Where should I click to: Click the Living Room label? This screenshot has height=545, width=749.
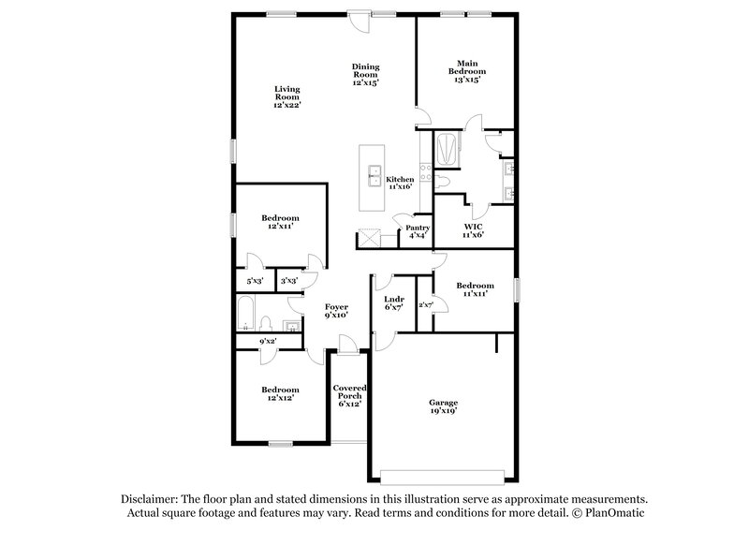click(286, 97)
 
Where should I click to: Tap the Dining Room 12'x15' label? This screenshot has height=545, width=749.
click(365, 75)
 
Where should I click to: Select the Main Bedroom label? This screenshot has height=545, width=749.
click(465, 72)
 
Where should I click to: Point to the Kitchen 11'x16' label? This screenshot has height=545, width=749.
click(400, 183)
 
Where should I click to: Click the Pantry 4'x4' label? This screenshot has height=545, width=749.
click(418, 231)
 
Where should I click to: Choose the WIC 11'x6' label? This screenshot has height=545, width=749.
click(473, 230)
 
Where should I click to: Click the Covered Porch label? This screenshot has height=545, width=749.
click(349, 395)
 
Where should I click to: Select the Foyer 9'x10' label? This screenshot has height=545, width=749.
click(336, 311)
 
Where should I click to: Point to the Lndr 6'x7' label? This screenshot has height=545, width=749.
click(393, 303)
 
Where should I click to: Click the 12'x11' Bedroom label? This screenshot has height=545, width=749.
click(280, 222)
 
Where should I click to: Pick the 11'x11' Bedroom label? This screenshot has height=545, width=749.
click(475, 289)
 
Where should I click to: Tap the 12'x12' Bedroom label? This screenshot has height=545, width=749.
click(280, 394)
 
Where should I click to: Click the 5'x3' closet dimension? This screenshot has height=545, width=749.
click(255, 280)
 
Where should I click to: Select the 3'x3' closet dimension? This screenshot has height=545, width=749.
click(289, 280)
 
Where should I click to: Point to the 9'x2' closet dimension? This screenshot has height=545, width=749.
click(268, 341)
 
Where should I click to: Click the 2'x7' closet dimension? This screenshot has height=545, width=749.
click(425, 304)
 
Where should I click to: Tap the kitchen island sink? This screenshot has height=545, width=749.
click(373, 177)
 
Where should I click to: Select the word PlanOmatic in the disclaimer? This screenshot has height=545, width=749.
click(616, 514)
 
